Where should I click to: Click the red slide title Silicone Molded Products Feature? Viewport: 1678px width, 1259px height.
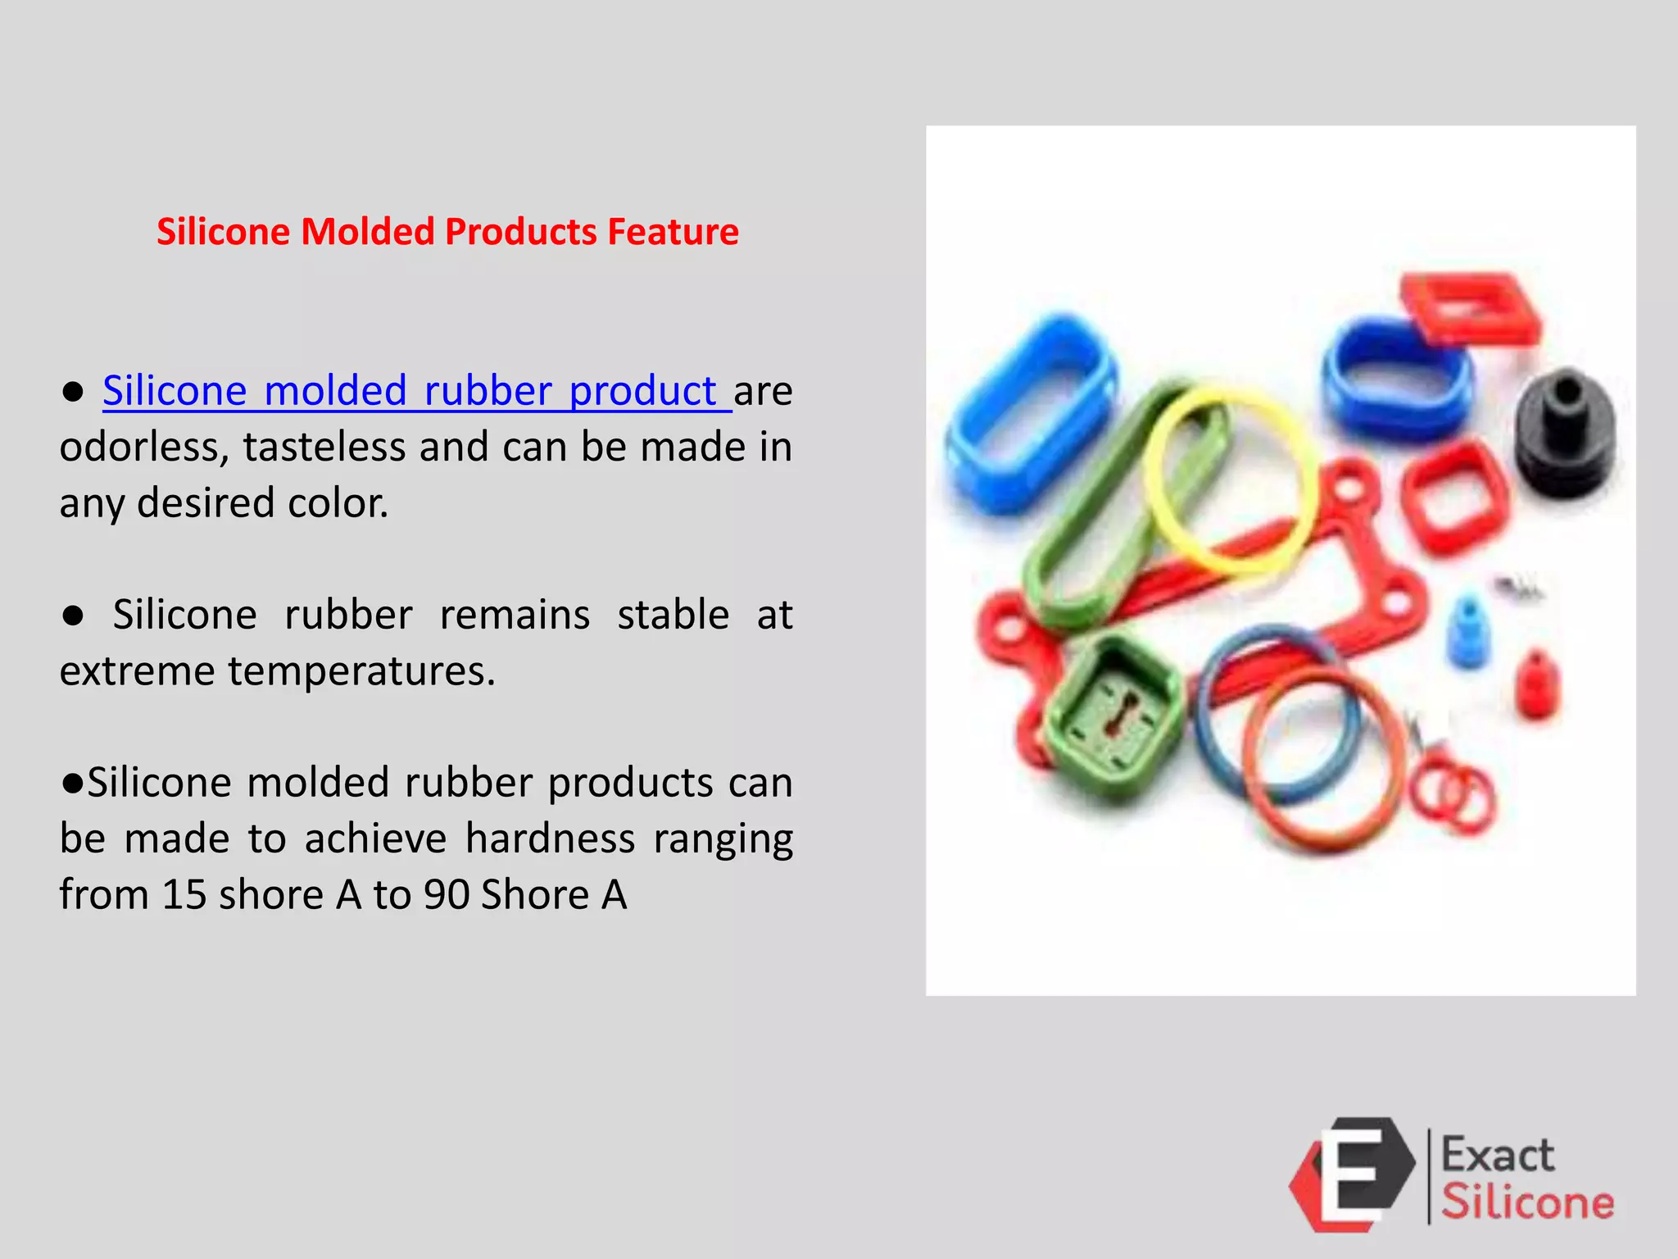pos(447,232)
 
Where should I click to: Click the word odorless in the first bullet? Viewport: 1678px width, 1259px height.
pos(141,448)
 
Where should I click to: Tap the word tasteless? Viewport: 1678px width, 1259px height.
pos(324,448)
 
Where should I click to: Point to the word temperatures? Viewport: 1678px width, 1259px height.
pos(361,671)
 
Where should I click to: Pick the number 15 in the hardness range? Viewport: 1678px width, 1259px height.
pos(184,895)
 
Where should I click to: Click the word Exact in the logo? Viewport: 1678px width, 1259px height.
pos(1497,1155)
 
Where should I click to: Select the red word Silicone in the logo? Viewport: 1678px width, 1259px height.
pos(1527,1202)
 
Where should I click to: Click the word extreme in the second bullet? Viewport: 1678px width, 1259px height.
pos(136,671)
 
